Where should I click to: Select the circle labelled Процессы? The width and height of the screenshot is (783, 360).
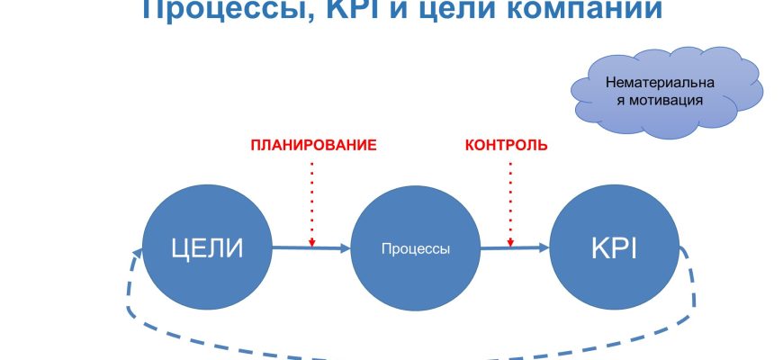coord(415,249)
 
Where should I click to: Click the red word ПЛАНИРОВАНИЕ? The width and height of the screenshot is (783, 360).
coord(312,145)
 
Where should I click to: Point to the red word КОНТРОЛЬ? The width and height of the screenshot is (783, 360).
coord(506,145)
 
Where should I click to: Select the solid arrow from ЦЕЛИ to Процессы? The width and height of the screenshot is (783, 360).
coord(310,248)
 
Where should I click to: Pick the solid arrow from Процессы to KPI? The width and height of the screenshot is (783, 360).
coord(515,246)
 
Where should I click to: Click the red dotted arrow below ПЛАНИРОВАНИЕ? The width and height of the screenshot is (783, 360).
coord(311,198)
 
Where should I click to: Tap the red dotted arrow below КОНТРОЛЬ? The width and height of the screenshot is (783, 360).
coord(511,198)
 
